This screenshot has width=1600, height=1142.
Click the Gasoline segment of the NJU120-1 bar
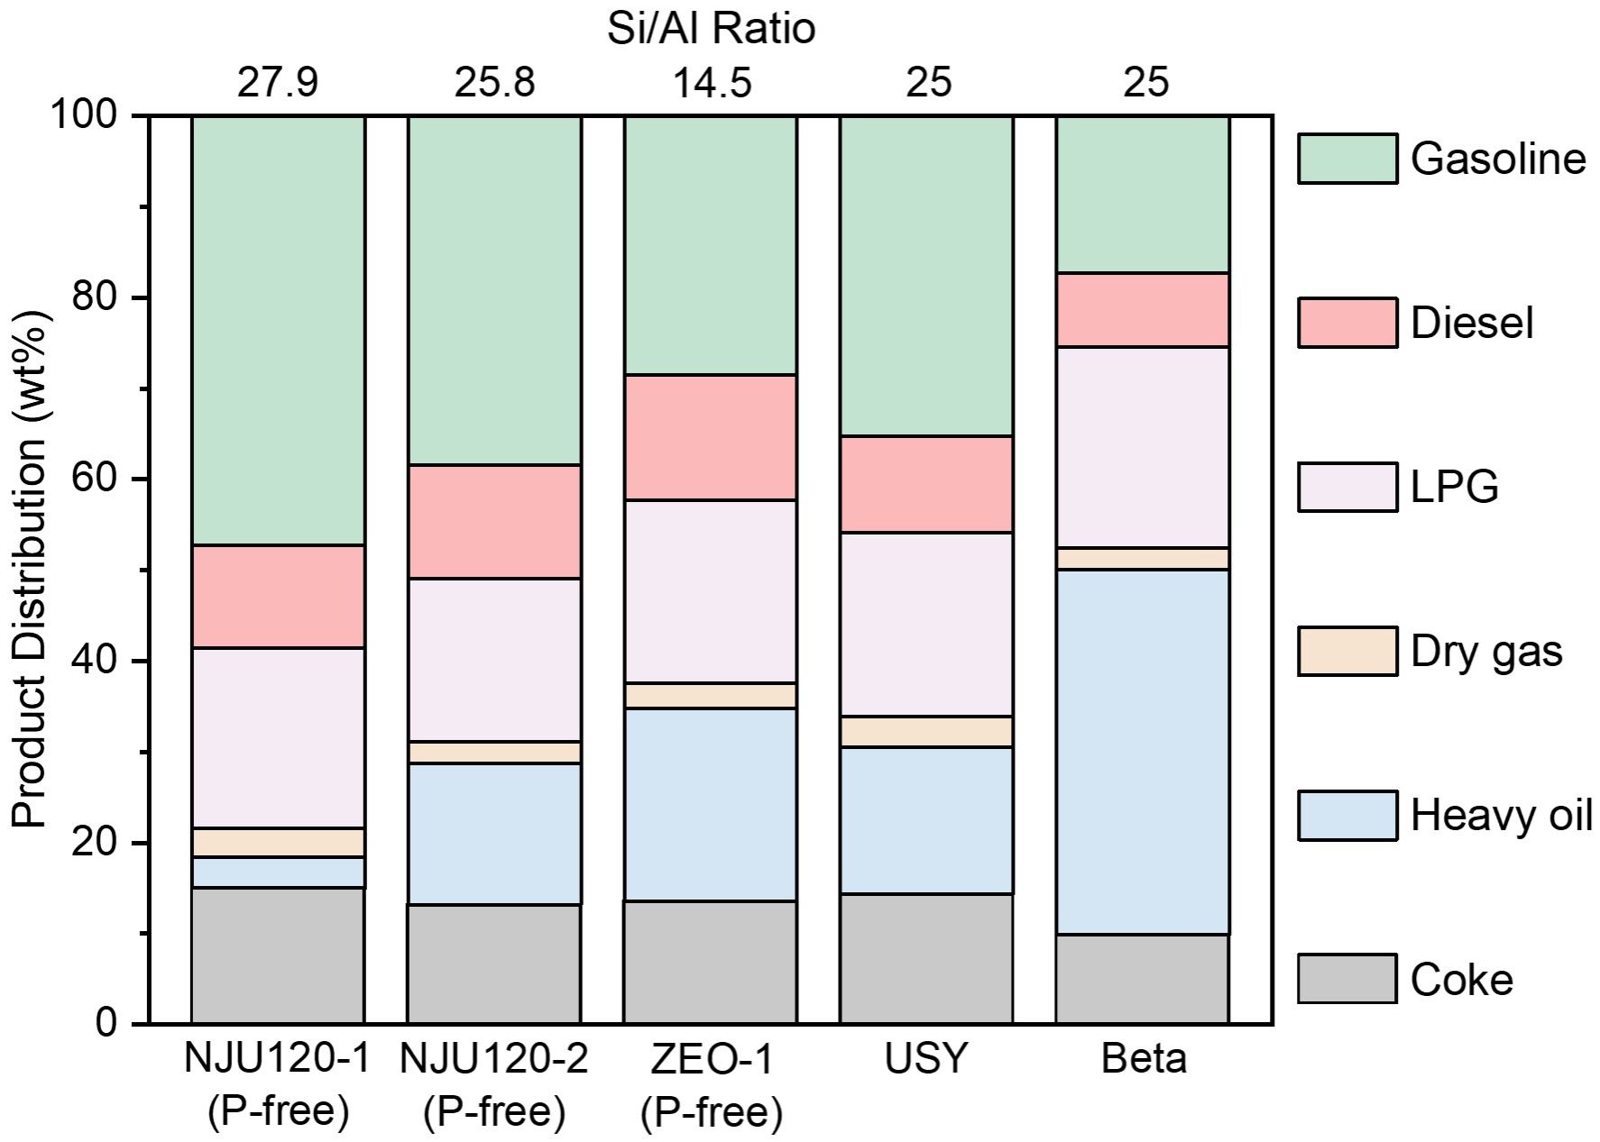click(x=278, y=330)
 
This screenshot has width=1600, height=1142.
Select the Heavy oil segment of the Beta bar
click(x=1143, y=751)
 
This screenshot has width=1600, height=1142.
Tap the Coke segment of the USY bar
click(x=926, y=958)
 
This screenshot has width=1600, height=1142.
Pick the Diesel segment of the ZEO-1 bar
click(x=711, y=437)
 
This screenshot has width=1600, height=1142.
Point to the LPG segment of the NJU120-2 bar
click(x=494, y=659)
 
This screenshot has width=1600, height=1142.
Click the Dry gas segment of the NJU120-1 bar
click(x=278, y=842)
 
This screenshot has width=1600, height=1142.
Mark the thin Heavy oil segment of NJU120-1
click(x=278, y=872)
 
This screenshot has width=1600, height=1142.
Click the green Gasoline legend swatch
click(x=1347, y=159)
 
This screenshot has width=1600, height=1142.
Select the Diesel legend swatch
click(x=1347, y=323)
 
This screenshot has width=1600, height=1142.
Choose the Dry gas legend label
click(x=1486, y=651)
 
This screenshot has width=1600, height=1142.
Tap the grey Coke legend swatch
click(x=1347, y=979)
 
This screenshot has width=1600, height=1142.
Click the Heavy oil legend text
click(x=1502, y=815)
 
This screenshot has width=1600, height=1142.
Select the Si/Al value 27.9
click(x=278, y=83)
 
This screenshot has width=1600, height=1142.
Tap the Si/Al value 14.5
click(x=711, y=83)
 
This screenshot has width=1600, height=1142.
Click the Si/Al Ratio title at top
click(x=711, y=29)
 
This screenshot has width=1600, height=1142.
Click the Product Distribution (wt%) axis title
click(x=29, y=570)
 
